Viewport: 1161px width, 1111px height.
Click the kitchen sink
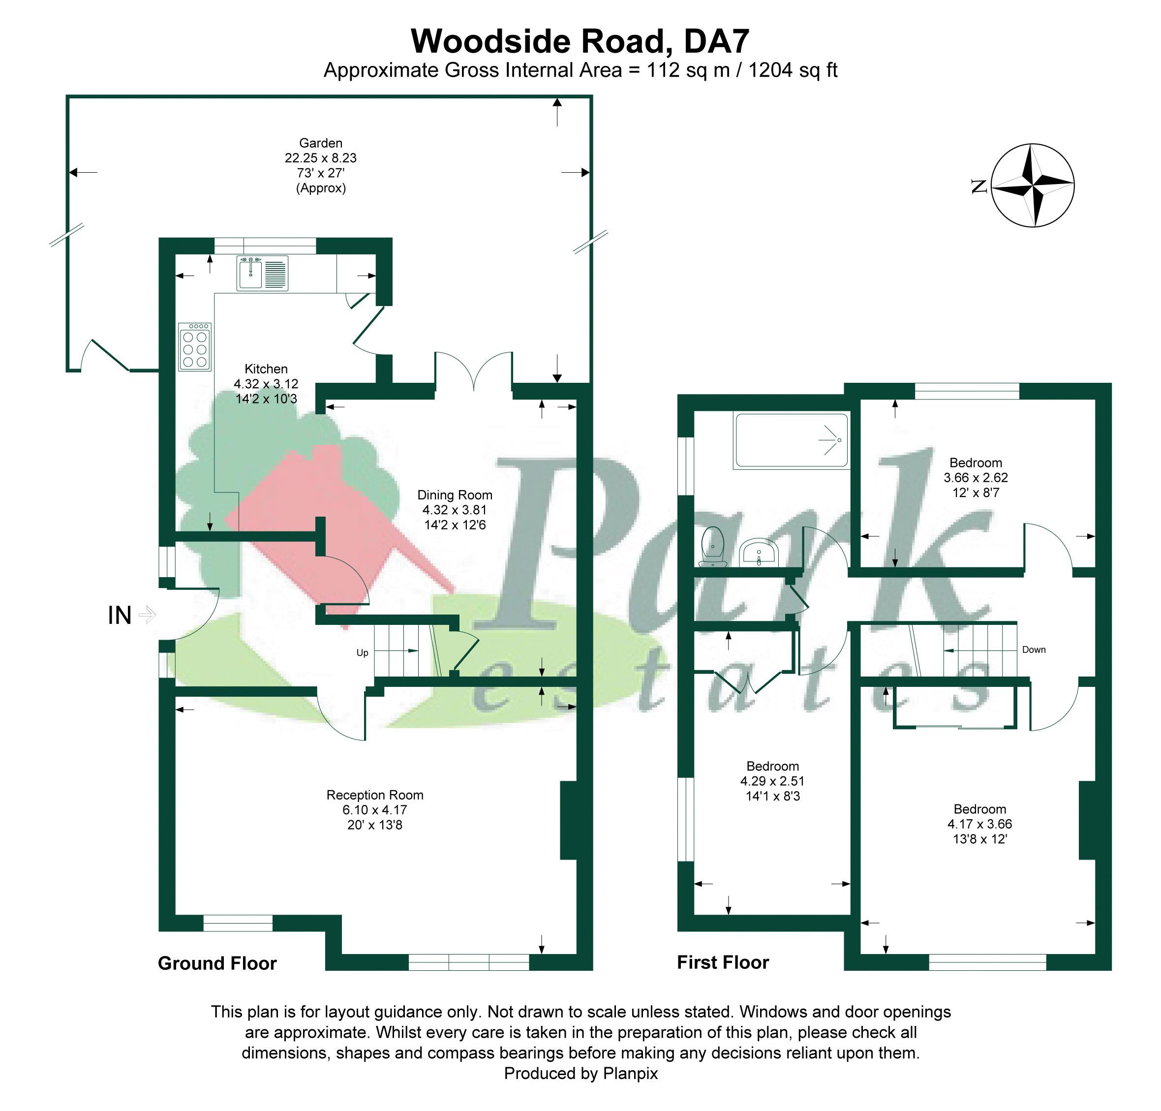(x=262, y=273)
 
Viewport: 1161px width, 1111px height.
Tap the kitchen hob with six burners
(x=195, y=346)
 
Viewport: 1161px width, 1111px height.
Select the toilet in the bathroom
(x=712, y=546)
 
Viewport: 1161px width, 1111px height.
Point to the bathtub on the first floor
(x=791, y=440)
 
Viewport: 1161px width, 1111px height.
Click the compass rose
(x=1033, y=185)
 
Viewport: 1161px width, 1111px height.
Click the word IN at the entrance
(x=119, y=616)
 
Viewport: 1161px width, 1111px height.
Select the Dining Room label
(x=455, y=494)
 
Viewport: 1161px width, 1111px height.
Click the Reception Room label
(x=375, y=795)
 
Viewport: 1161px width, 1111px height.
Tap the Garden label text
(x=320, y=143)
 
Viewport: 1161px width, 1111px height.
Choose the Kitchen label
(x=266, y=369)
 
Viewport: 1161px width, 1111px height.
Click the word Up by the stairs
(x=363, y=652)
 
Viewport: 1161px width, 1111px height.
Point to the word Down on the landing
(x=1034, y=649)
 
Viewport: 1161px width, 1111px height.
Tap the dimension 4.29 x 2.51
(x=772, y=781)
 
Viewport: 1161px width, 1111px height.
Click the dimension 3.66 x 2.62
(x=975, y=477)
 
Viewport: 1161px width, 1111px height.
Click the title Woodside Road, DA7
(x=580, y=41)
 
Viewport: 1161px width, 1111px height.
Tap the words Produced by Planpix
(x=580, y=1074)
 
